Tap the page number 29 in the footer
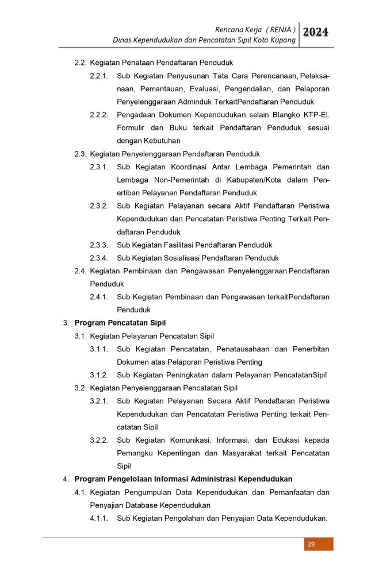311,544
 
